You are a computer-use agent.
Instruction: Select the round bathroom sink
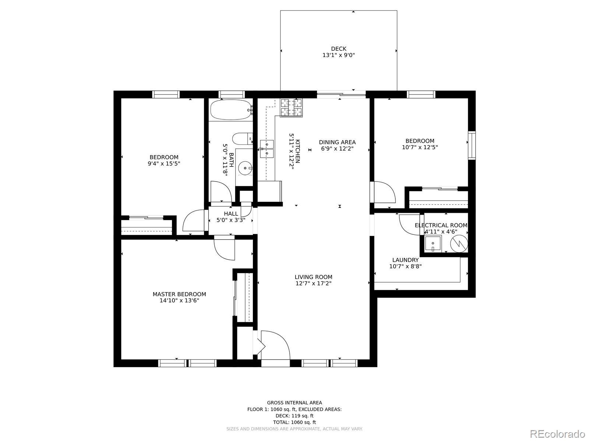(245, 168)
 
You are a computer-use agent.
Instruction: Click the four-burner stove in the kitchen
(291, 108)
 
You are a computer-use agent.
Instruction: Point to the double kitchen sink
(267, 149)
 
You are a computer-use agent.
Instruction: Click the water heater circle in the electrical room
(459, 244)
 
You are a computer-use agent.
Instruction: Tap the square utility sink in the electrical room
(433, 243)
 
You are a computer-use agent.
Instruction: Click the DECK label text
(339, 49)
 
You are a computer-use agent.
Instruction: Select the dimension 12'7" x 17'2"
(313, 283)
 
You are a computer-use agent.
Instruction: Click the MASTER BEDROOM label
(179, 294)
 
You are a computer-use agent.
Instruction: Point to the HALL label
(231, 214)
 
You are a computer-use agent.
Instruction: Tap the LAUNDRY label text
(405, 260)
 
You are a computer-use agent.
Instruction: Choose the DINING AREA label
(337, 142)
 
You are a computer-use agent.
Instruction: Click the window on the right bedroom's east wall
(472, 146)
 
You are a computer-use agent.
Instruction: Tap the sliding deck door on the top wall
(341, 94)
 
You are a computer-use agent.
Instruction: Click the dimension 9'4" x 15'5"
(164, 163)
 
